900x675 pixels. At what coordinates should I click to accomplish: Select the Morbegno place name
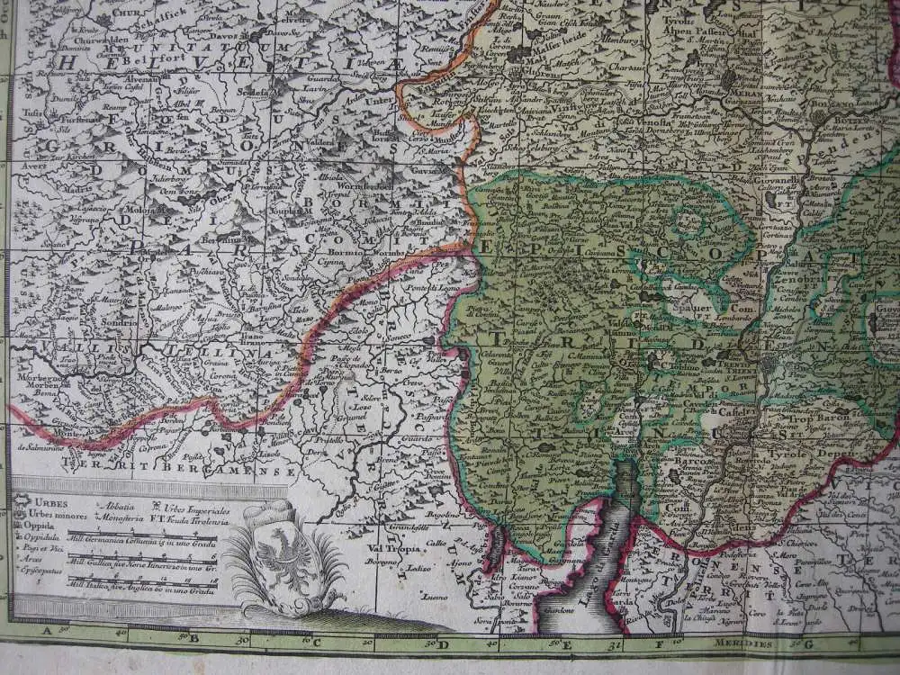click(x=31, y=377)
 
